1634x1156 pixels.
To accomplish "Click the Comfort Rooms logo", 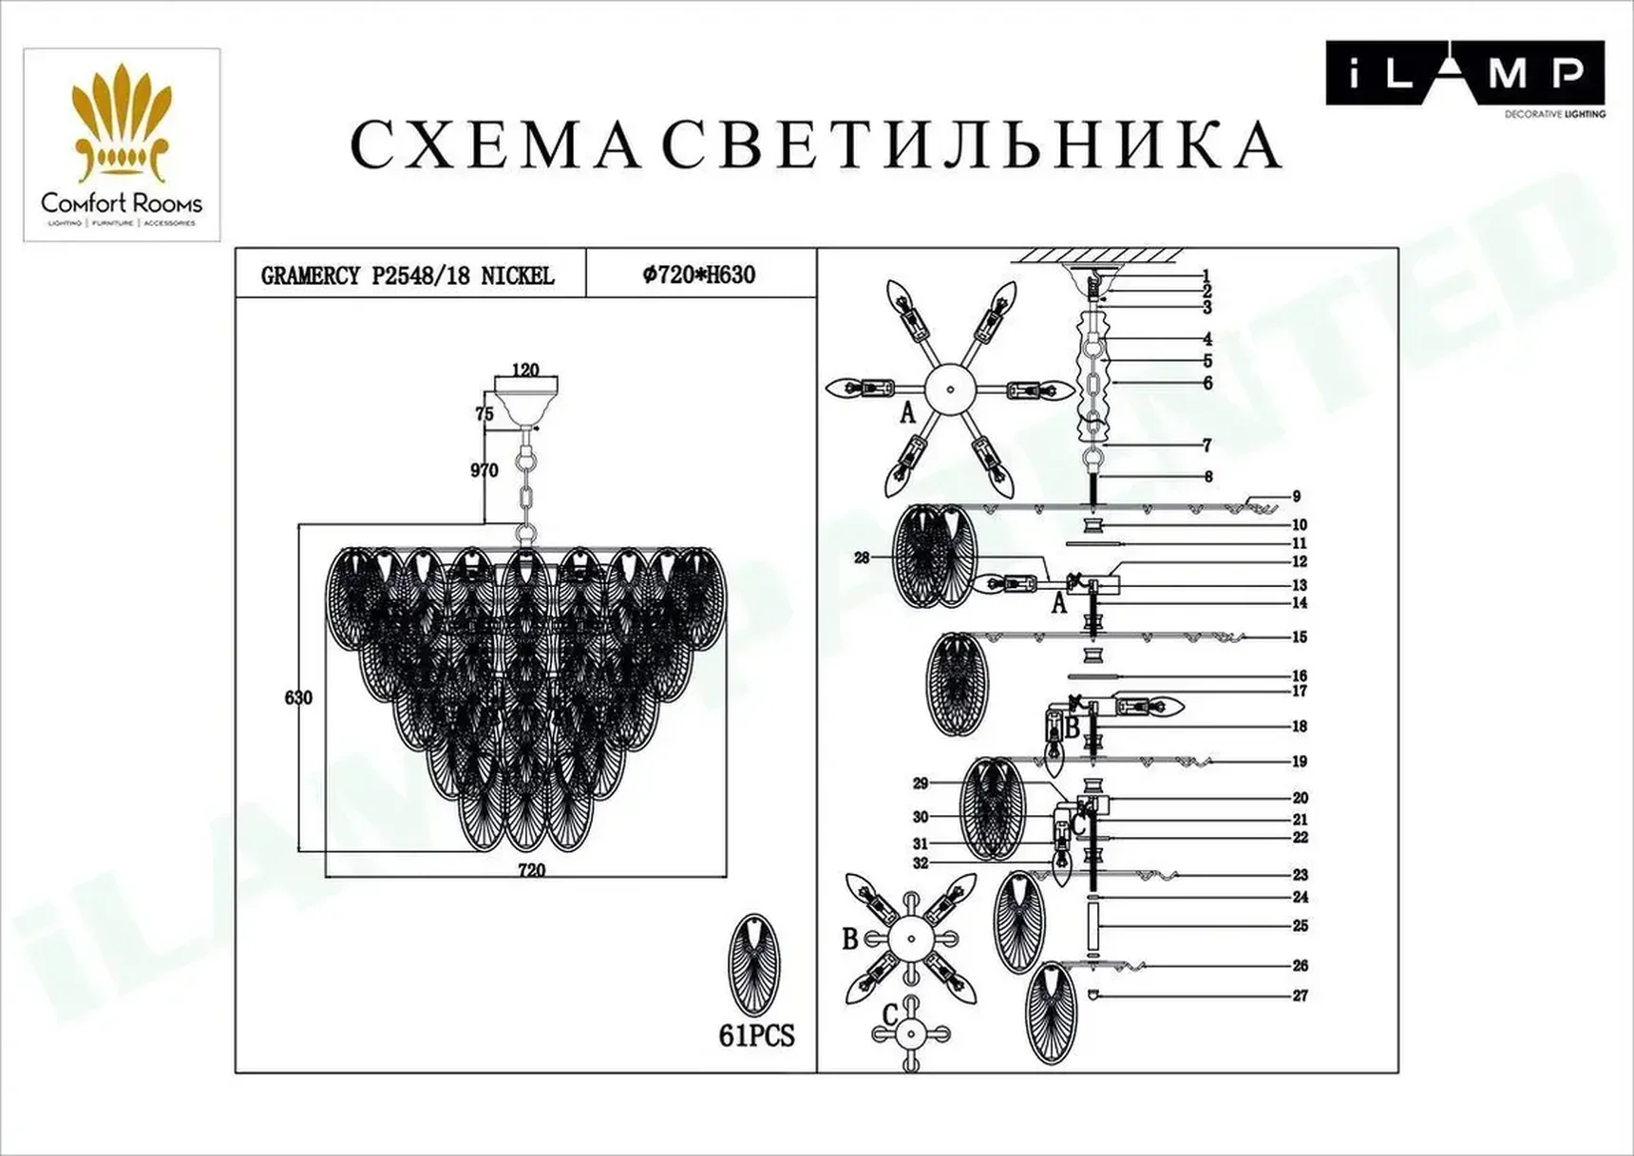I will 122,145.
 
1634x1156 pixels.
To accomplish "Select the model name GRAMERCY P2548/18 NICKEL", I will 408,276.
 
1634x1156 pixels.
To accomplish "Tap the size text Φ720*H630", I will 699,275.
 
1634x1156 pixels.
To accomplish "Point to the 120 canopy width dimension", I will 525,370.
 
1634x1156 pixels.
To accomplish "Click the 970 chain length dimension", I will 484,470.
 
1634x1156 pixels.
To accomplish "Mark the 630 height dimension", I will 298,698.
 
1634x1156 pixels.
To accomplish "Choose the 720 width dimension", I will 532,870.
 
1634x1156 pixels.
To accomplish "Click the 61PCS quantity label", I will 756,1035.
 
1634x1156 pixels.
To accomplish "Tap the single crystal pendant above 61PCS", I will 754,965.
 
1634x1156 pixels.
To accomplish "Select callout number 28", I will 862,558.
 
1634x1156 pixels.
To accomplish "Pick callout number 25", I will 1301,925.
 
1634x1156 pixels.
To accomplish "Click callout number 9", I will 1297,497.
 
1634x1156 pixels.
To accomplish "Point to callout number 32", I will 921,863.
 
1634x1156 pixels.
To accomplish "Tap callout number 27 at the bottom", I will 1301,995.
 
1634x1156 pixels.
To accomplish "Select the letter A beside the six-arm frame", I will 907,413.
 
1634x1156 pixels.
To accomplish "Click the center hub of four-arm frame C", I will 911,1034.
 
